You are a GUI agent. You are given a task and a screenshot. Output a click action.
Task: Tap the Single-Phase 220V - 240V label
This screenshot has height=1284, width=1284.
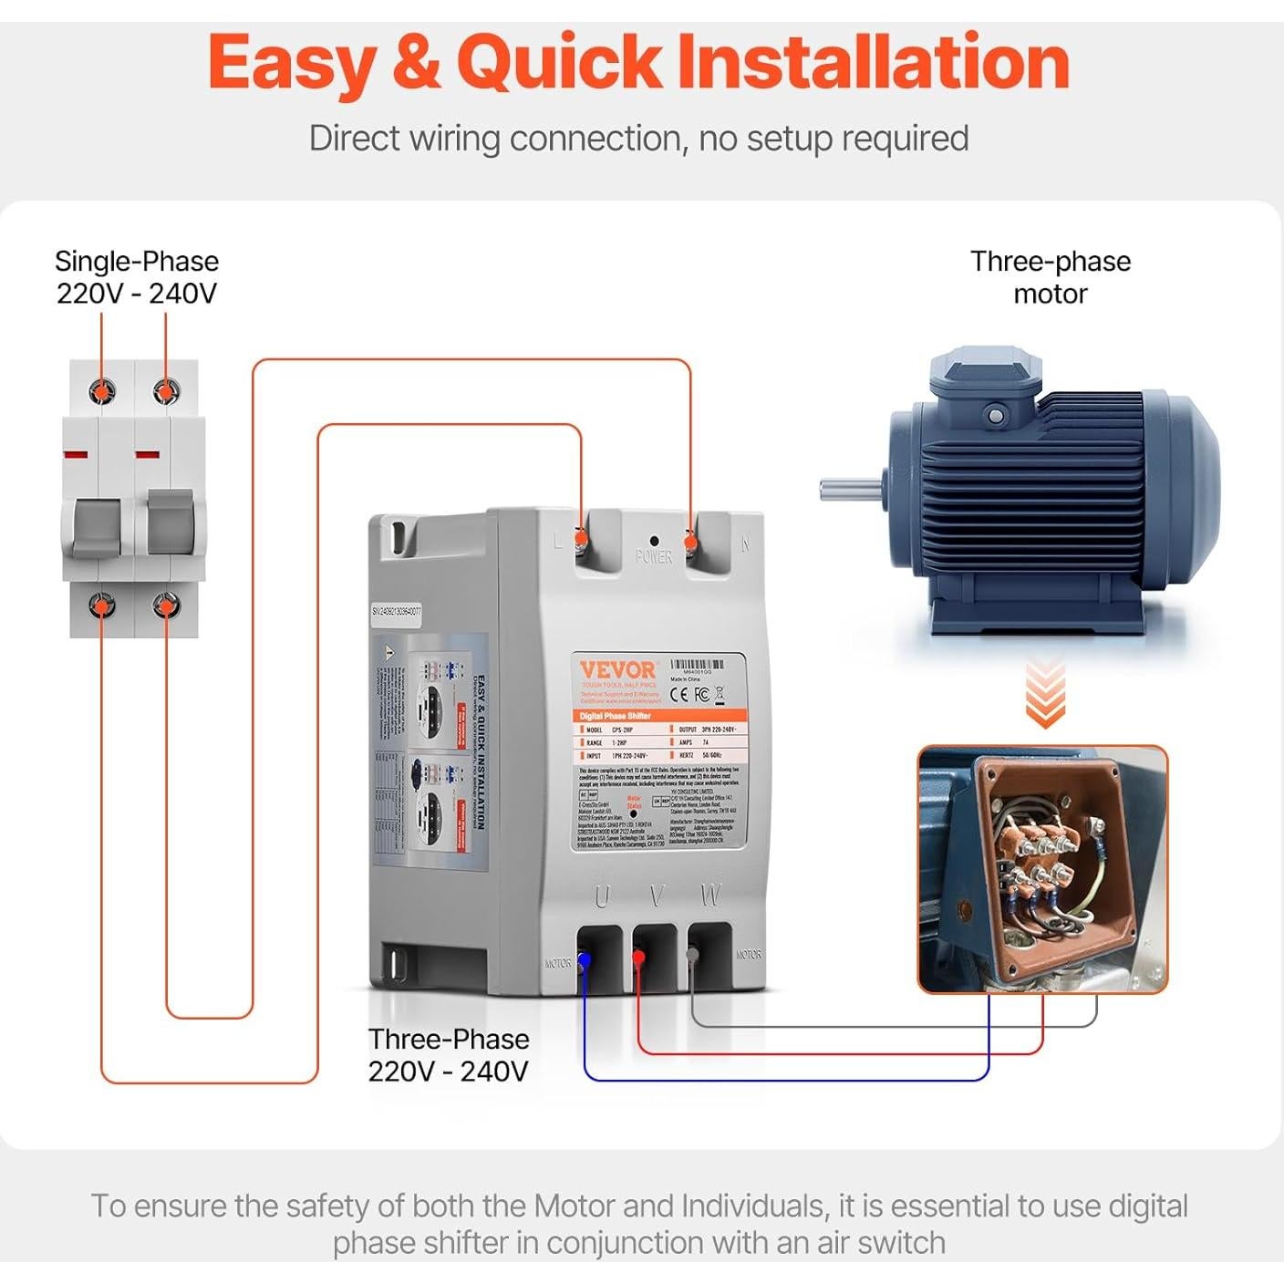[x=137, y=277]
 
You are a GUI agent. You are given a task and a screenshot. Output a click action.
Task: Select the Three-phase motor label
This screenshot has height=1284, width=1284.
[x=1050, y=277]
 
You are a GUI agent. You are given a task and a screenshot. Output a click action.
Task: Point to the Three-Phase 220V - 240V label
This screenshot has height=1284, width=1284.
[x=448, y=1055]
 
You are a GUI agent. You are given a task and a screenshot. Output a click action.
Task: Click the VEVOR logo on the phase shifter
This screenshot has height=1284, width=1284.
[x=617, y=670]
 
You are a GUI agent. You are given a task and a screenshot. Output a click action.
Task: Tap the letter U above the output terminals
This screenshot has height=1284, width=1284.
[x=602, y=898]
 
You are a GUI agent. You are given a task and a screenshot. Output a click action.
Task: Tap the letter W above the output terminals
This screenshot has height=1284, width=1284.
[x=710, y=896]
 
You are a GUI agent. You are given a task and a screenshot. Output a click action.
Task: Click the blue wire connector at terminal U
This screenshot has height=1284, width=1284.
[x=584, y=960]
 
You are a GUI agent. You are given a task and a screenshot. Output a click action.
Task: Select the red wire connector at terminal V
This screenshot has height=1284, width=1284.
[x=638, y=958]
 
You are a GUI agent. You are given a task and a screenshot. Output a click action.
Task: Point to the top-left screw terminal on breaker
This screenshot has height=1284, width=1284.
[x=102, y=391]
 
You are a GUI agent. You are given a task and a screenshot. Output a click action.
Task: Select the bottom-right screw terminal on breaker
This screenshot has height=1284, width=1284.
[x=166, y=605]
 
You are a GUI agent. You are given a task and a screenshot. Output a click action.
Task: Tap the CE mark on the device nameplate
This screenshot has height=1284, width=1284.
[x=680, y=695]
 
